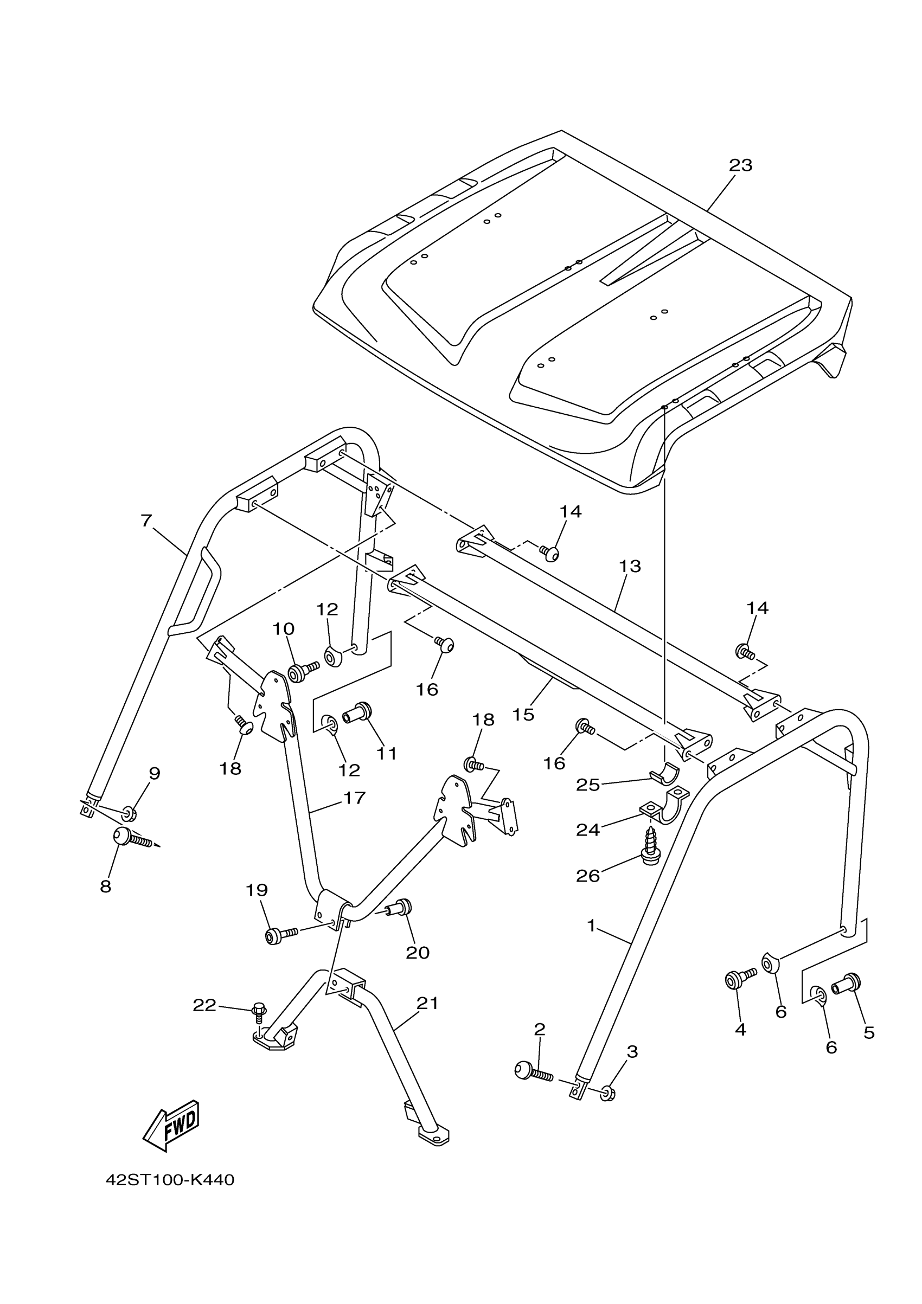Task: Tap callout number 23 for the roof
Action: pos(740,165)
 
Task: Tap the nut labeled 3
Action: pos(607,1093)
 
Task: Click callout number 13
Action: pos(630,566)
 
